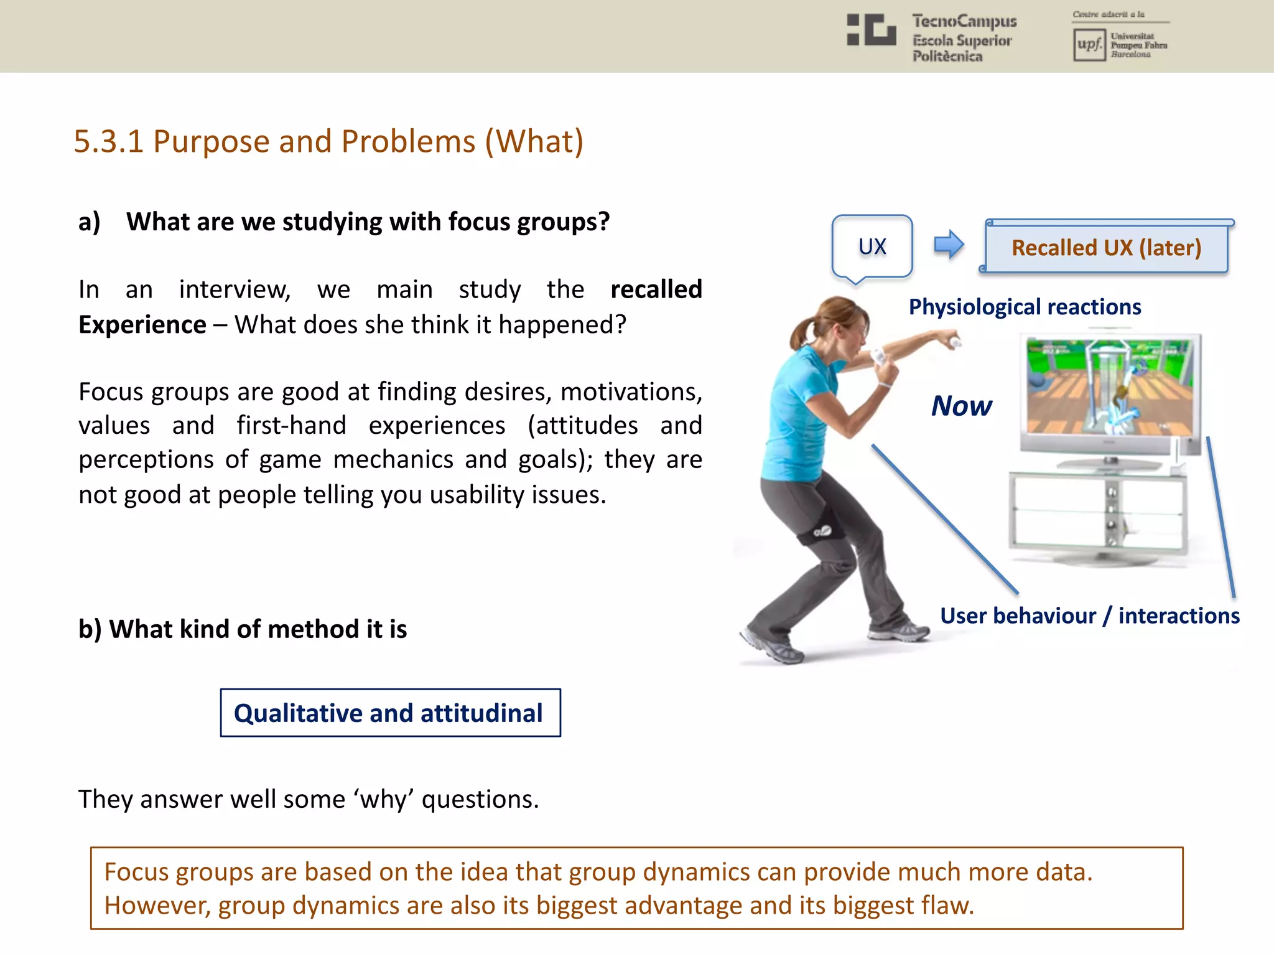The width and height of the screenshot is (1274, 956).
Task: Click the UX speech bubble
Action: coord(872,246)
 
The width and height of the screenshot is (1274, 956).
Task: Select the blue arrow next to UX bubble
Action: coord(949,245)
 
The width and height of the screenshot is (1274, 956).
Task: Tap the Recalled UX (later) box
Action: coord(1106,248)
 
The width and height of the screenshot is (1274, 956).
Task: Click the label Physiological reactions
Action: coord(1025,307)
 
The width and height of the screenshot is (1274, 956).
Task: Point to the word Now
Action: coord(961,406)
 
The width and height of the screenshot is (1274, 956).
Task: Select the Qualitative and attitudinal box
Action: coord(390,713)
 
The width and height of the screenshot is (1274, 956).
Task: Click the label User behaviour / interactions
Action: coord(1089,616)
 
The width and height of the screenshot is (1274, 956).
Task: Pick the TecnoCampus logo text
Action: coord(964,37)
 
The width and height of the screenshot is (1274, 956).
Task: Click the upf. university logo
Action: coord(1089,44)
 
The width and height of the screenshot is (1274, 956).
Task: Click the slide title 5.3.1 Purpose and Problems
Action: coord(328,141)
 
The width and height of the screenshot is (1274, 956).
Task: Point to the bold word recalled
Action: coord(656,289)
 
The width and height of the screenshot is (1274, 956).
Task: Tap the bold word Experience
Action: coord(142,325)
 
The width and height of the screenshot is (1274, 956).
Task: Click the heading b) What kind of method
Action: coord(242,629)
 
